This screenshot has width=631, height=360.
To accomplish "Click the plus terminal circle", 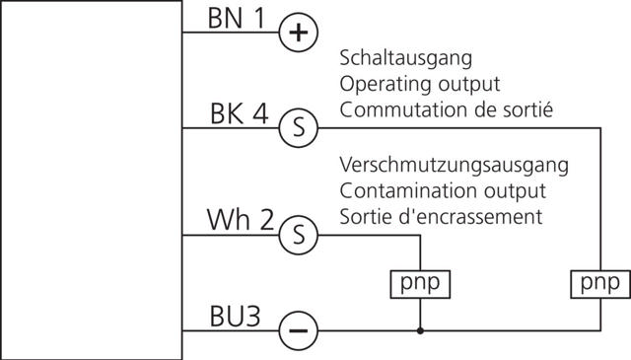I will (x=298, y=33).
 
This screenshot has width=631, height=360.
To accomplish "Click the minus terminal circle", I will (x=298, y=330).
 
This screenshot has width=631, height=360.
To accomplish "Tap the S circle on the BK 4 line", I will (x=298, y=127).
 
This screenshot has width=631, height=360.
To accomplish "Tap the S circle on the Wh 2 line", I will (x=298, y=235).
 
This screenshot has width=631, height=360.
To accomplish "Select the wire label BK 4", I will (x=239, y=113).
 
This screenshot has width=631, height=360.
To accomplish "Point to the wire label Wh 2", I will (x=239, y=221).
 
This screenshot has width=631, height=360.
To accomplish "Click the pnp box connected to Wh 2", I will (x=420, y=284).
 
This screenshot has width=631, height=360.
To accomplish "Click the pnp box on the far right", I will (x=600, y=284).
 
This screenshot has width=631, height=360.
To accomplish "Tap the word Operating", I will (x=379, y=83).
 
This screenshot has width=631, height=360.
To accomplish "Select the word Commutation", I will (x=395, y=109).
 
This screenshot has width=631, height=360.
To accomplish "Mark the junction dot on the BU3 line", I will (x=421, y=330).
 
